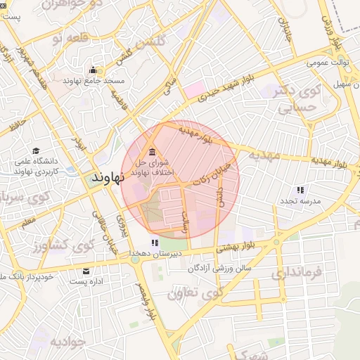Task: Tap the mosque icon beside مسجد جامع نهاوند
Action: pos(93,70)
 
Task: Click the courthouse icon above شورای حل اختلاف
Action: pos(152,153)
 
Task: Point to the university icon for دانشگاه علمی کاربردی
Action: pos(36,151)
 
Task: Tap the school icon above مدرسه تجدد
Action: pos(300,190)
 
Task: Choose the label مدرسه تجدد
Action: pos(301,201)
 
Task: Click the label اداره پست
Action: pos(86,282)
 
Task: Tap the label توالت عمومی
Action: pos(330,63)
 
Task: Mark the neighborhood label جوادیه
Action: pos(67,342)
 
